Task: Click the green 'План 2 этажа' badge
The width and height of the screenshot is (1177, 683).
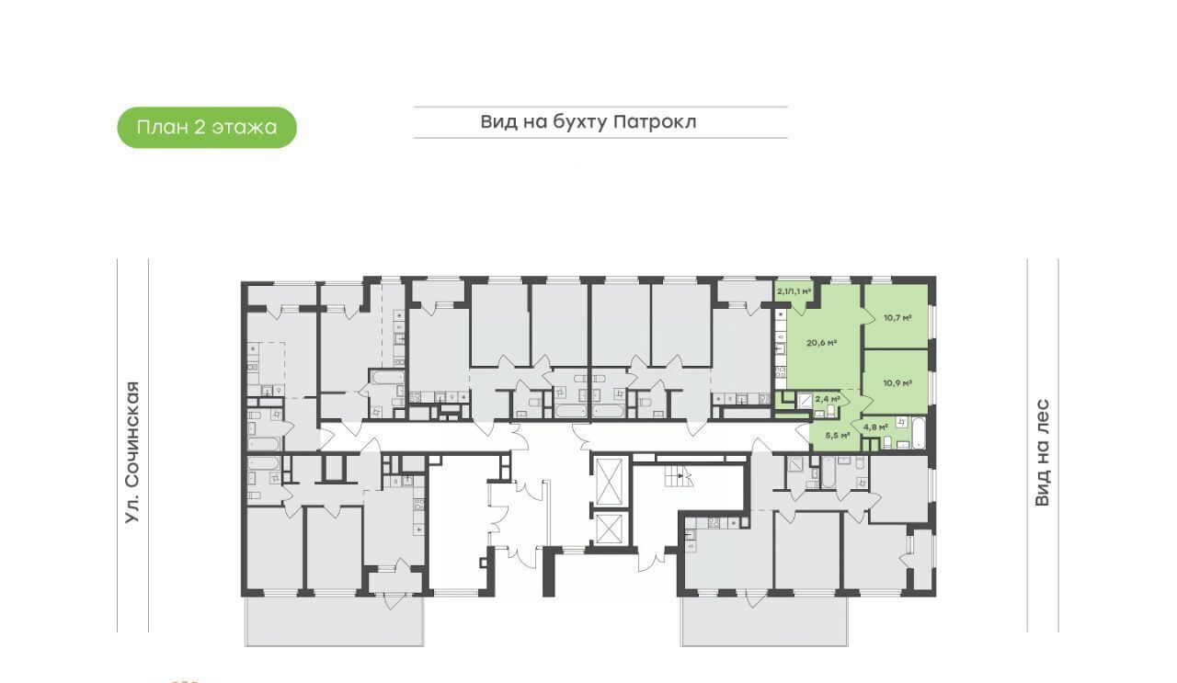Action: (x=207, y=128)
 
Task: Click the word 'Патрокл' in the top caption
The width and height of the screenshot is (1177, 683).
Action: (x=655, y=122)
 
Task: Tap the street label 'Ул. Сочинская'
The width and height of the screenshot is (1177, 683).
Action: (x=132, y=452)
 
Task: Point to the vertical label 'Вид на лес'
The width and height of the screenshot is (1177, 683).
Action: (x=1042, y=452)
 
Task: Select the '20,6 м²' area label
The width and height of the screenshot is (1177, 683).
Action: (x=822, y=343)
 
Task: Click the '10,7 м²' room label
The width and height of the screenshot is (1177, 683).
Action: (x=897, y=318)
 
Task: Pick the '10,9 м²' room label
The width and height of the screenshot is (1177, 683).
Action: (x=897, y=383)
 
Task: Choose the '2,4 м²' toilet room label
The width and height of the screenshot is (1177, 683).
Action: (x=828, y=399)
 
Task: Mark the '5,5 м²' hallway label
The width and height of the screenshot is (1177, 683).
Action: (x=838, y=436)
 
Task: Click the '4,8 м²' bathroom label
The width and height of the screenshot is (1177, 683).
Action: (x=875, y=427)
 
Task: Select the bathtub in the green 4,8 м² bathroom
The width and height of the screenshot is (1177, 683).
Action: (x=918, y=433)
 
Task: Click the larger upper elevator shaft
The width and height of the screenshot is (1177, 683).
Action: (x=611, y=482)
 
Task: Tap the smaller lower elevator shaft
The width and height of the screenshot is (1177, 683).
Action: (x=611, y=528)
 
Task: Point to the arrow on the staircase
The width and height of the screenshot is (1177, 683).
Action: (x=680, y=476)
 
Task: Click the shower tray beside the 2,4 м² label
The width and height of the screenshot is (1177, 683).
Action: (x=804, y=402)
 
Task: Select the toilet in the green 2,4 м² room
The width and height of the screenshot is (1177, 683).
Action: (x=830, y=413)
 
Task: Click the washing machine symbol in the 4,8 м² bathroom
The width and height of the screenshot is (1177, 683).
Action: (x=902, y=422)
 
